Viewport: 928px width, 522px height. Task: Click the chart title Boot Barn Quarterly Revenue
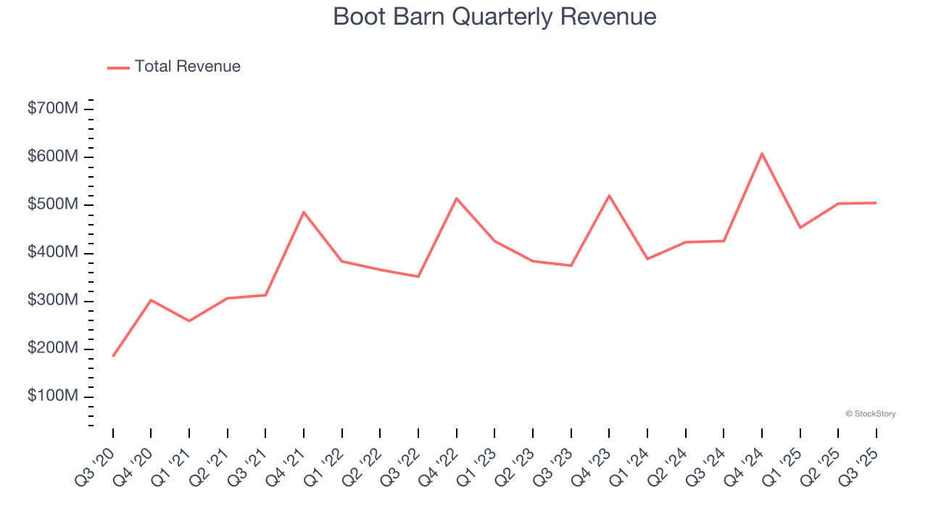pyautogui.click(x=494, y=17)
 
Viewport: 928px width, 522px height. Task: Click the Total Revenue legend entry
pyautogui.click(x=174, y=67)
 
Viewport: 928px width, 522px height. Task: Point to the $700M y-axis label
pyautogui.click(x=53, y=109)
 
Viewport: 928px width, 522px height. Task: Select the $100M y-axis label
pyautogui.click(x=53, y=397)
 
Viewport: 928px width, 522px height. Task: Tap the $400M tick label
pyautogui.click(x=53, y=252)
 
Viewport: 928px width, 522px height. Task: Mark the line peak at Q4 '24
pyautogui.click(x=762, y=153)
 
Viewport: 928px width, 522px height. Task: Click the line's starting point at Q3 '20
pyautogui.click(x=113, y=356)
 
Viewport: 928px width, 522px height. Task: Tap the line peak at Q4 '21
pyautogui.click(x=304, y=212)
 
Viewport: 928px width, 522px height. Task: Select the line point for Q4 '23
pyautogui.click(x=609, y=195)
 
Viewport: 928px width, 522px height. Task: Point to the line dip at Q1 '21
pyautogui.click(x=189, y=320)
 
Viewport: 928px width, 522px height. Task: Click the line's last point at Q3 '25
pyautogui.click(x=876, y=203)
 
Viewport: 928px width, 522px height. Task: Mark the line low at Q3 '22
pyautogui.click(x=418, y=276)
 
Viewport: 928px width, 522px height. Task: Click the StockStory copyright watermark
pyautogui.click(x=870, y=414)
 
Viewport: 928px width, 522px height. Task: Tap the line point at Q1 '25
pyautogui.click(x=800, y=228)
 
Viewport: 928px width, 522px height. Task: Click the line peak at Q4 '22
pyautogui.click(x=457, y=198)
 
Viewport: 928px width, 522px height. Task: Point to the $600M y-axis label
pyautogui.click(x=53, y=157)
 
